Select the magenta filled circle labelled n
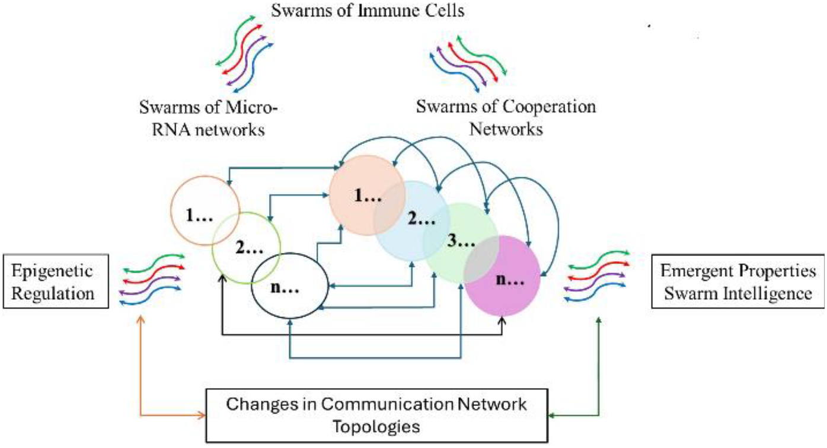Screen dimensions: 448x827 click(510, 279)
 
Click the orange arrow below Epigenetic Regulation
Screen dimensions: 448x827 click(141, 379)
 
